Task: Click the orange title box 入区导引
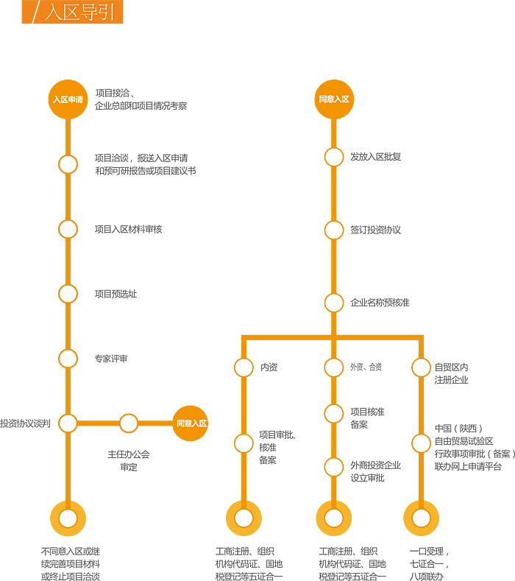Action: (72, 13)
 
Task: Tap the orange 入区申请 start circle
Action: (68, 99)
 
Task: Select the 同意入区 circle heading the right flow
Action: (334, 99)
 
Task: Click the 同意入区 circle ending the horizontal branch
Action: (191, 423)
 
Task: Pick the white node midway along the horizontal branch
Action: (129, 423)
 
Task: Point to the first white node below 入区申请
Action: (68, 164)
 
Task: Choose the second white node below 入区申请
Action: (68, 229)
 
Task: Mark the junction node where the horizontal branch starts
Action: (68, 423)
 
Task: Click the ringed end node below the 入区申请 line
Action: (68, 518)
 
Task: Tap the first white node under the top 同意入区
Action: (334, 157)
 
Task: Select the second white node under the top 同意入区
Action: (334, 229)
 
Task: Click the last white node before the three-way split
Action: (334, 302)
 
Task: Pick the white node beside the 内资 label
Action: (244, 367)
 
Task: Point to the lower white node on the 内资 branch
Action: (244, 443)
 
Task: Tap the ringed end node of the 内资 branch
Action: (244, 518)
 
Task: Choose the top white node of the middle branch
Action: (334, 367)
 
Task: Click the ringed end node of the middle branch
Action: (334, 518)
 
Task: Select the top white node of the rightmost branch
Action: (421, 367)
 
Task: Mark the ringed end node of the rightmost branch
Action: (421, 518)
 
